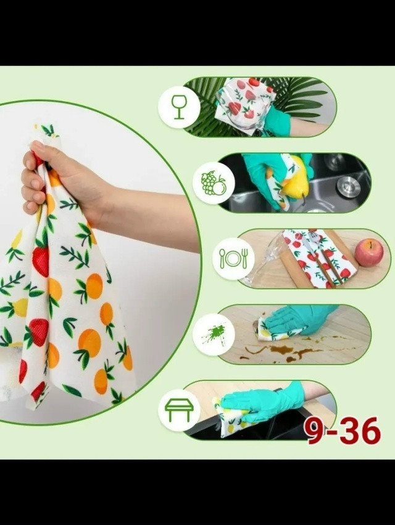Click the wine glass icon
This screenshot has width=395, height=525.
click(179, 107)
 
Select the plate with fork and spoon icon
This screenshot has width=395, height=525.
click(233, 258)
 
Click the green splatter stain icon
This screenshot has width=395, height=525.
click(214, 335)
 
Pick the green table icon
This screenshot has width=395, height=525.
click(179, 410)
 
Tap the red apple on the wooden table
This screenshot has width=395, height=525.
click(369, 252)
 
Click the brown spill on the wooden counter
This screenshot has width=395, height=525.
click(285, 352)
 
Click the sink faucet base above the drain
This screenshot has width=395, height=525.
click(335, 161)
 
